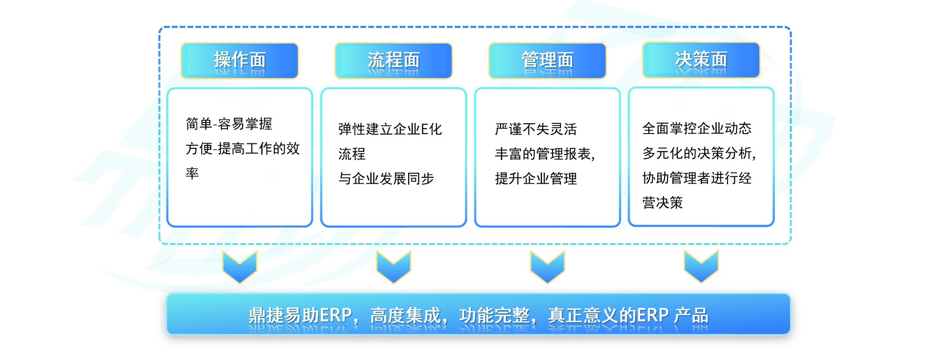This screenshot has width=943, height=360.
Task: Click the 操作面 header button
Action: pyautogui.click(x=240, y=60)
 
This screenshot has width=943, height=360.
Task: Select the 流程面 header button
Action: pyautogui.click(x=393, y=60)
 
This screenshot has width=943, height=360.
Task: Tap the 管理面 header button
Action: pyautogui.click(x=547, y=60)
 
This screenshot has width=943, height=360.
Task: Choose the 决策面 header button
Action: pyautogui.click(x=701, y=60)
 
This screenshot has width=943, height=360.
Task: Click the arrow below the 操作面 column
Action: pyautogui.click(x=240, y=267)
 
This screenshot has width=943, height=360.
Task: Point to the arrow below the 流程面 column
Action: pyautogui.click(x=393, y=267)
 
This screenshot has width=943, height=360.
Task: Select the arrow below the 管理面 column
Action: pyautogui.click(x=547, y=267)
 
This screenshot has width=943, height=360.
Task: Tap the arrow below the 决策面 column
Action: pyautogui.click(x=701, y=266)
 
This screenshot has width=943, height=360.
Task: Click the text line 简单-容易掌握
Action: pyautogui.click(x=229, y=124)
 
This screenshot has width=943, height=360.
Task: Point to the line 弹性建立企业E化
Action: pyautogui.click(x=390, y=129)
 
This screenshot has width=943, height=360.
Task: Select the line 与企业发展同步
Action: pyautogui.click(x=386, y=178)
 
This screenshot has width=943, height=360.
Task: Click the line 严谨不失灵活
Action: pyautogui.click(x=536, y=129)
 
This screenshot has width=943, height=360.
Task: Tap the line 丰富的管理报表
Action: pyautogui.click(x=544, y=154)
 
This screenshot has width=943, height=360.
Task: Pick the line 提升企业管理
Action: pyautogui.click(x=536, y=178)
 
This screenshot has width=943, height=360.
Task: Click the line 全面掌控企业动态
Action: pyautogui.click(x=697, y=129)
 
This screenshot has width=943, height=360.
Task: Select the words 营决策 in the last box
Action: pyautogui.click(x=663, y=202)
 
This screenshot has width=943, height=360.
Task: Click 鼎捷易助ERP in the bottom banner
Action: pyautogui.click(x=300, y=315)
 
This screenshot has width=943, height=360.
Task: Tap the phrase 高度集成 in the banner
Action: pyautogui.click(x=405, y=315)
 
